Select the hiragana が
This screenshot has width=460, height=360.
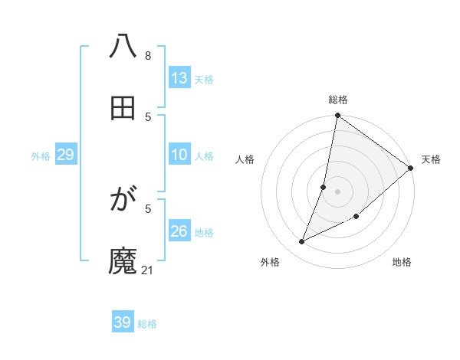pyautogui.click(x=123, y=201)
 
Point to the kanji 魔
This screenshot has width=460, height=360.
pyautogui.click(x=123, y=261)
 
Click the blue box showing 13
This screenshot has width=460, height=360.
pyautogui.click(x=179, y=78)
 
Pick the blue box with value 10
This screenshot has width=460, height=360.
pyautogui.click(x=179, y=155)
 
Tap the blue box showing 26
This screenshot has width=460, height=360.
pyautogui.click(x=179, y=231)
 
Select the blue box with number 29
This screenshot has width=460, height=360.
pyautogui.click(x=66, y=155)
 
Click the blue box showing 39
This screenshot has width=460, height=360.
pyautogui.click(x=123, y=322)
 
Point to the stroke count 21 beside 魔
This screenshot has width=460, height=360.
pyautogui.click(x=148, y=270)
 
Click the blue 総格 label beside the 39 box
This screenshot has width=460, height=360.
pyautogui.click(x=148, y=324)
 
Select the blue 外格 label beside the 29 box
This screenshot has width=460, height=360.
pyautogui.click(x=41, y=156)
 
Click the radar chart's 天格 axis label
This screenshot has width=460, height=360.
pyautogui.click(x=431, y=159)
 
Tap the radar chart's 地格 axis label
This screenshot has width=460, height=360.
pyautogui.click(x=402, y=262)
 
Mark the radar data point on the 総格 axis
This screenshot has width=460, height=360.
pyautogui.click(x=337, y=116)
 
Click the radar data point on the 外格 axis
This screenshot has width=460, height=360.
pyautogui.click(x=302, y=242)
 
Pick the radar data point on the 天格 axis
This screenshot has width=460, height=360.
pyautogui.click(x=410, y=168)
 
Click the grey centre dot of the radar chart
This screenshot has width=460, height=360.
pyautogui.click(x=337, y=191)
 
